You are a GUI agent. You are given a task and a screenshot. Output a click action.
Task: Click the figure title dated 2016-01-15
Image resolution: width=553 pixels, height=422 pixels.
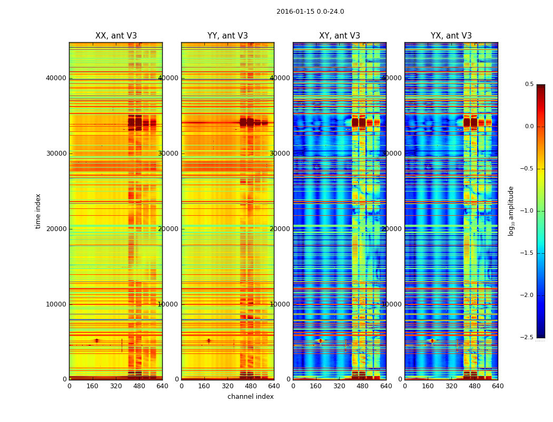[x=310, y=12]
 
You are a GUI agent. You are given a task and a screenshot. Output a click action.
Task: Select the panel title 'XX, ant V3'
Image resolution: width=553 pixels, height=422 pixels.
[x=116, y=36]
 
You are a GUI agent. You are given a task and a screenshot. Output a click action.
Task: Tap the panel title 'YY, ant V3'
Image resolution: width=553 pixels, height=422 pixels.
[x=228, y=36]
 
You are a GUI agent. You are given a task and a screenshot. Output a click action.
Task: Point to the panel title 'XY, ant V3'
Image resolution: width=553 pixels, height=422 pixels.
[x=340, y=36]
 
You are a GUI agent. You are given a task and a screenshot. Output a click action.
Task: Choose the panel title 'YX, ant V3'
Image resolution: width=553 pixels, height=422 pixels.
[x=451, y=36]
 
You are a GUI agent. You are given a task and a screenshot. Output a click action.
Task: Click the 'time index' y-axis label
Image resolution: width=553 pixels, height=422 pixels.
[x=38, y=210]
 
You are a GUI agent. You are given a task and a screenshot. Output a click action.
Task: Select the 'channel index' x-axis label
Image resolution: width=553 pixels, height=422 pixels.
[x=251, y=397]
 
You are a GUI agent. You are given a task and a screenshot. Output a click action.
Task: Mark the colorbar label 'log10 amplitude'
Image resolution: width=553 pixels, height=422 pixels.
[x=511, y=210]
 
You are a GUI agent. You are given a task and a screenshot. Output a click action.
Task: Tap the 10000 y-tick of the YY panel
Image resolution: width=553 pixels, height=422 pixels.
[x=169, y=304]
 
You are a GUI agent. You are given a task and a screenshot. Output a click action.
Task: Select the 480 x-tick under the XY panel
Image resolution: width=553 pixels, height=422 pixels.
[x=363, y=386]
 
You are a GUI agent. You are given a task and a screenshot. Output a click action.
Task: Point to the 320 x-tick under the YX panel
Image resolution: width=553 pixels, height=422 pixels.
[x=451, y=386]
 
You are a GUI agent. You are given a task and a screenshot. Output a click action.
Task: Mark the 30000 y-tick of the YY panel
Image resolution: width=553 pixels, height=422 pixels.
[x=169, y=154]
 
